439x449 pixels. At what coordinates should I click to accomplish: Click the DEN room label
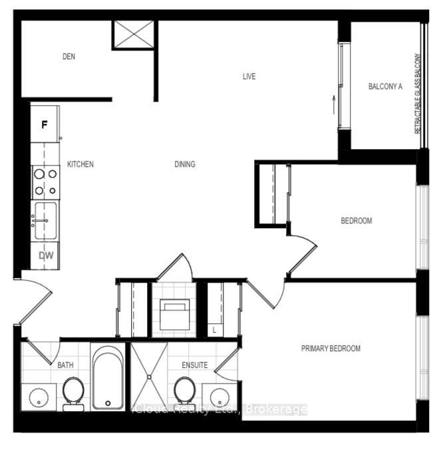[69, 57]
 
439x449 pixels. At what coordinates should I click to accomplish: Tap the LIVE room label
[248, 76]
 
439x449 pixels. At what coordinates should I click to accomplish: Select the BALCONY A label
[386, 86]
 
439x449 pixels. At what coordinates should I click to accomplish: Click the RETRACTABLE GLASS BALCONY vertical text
[418, 93]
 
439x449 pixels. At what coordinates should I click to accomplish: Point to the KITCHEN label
[80, 164]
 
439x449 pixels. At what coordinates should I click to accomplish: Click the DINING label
[184, 164]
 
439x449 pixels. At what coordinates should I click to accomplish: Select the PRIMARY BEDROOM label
[331, 349]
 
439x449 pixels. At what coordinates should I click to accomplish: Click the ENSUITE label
[195, 365]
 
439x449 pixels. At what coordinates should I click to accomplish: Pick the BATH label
[65, 365]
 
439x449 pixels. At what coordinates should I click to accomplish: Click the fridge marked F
[45, 124]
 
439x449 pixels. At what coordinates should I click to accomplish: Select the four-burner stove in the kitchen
[45, 182]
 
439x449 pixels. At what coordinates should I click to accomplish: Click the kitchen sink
[45, 220]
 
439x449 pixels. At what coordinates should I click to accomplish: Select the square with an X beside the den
[134, 35]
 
